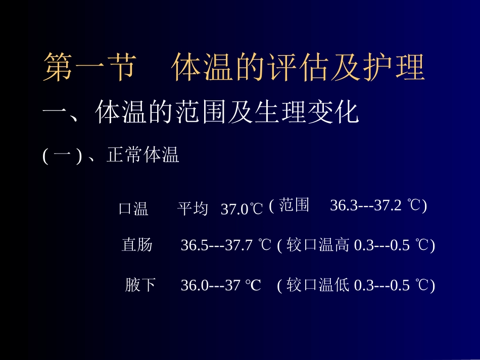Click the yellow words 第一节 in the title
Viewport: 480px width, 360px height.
coord(89,68)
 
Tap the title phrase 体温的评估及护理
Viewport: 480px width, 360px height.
coord(298,68)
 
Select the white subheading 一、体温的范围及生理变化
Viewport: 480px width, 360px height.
coord(201,113)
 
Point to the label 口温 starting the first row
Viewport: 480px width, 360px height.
coord(133,209)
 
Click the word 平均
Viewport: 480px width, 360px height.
coord(193,209)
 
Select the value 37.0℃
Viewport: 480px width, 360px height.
coord(242,209)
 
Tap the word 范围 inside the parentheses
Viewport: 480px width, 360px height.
coord(294,205)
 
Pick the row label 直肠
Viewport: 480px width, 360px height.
coord(137,245)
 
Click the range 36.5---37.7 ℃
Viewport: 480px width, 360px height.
coord(226,245)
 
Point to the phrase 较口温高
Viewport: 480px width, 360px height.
coord(318,245)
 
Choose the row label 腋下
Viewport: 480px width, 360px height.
coord(140,286)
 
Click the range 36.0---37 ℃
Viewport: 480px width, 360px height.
coord(221,286)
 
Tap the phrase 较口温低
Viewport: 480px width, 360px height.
coord(318,286)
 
